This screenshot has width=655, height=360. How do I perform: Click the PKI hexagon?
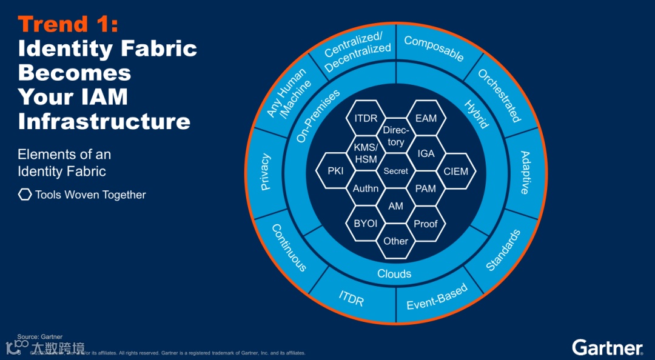click(335, 171)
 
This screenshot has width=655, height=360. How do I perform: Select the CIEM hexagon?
click(455, 171)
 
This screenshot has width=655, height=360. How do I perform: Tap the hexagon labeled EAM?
click(426, 118)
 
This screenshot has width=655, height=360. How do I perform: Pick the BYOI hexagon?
click(366, 224)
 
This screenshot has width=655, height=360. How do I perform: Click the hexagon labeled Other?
click(395, 241)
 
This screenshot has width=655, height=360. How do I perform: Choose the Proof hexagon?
click(426, 224)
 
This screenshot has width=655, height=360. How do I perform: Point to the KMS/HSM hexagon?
click(366, 153)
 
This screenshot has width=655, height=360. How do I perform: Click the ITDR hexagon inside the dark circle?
click(366, 118)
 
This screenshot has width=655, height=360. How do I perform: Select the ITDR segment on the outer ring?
click(351, 298)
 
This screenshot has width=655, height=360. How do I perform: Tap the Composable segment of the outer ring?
click(434, 49)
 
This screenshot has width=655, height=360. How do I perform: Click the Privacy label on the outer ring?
click(266, 172)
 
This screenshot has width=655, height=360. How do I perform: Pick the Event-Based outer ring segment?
click(437, 296)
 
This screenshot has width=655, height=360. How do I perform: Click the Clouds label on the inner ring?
click(394, 274)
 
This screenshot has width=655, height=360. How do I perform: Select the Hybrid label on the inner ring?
click(476, 114)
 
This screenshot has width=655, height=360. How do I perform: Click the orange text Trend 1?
click(68, 24)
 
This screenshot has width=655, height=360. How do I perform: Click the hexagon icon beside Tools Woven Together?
click(25, 195)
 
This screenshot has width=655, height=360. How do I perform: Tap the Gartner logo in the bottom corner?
click(607, 347)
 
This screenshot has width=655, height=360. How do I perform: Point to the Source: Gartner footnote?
click(39, 336)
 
